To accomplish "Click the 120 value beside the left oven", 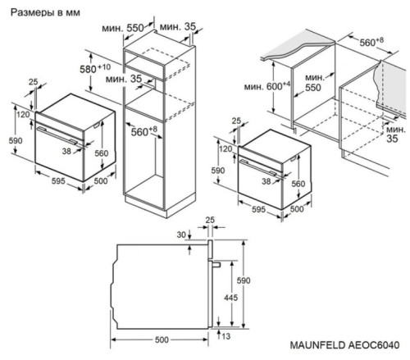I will (x=23, y=115).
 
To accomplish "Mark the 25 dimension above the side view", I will (x=210, y=221).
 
